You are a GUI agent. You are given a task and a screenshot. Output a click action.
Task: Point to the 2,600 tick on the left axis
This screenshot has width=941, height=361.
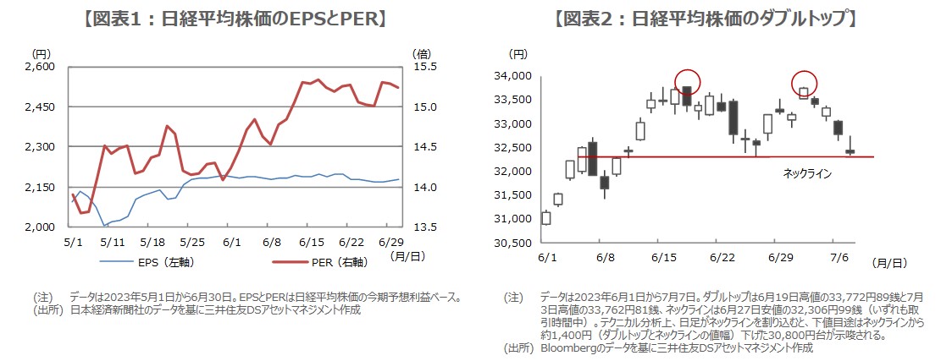coord(38,67)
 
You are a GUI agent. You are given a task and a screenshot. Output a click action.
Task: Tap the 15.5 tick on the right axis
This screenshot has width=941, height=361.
coord(424,67)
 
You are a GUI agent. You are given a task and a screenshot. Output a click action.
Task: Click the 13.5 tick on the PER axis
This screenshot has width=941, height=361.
coord(424,227)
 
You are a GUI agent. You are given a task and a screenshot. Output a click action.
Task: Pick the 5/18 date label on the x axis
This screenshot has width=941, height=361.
coord(152,241)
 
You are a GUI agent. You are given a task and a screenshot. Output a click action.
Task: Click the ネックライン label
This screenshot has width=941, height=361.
coord(806,173)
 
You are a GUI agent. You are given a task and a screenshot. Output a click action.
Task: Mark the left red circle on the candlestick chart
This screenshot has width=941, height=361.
coord(687,80)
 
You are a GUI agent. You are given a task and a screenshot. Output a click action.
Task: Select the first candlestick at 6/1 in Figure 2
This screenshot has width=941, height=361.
coord(545,218)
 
